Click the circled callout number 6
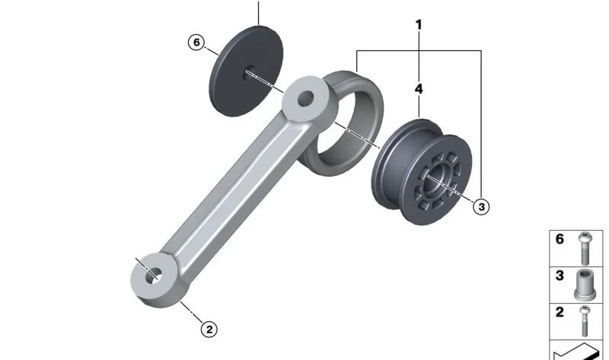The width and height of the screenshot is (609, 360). point(196,42)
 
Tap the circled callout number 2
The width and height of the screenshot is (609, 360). point(209,330)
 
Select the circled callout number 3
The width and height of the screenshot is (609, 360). point(481,206)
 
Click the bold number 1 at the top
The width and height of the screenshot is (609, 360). point(418,25)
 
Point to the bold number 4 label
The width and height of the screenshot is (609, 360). point(418,89)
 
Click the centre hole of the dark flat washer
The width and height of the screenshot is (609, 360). point(249,72)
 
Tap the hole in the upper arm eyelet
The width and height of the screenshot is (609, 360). point(306,99)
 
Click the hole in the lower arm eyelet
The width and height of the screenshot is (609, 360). point(154,275)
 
